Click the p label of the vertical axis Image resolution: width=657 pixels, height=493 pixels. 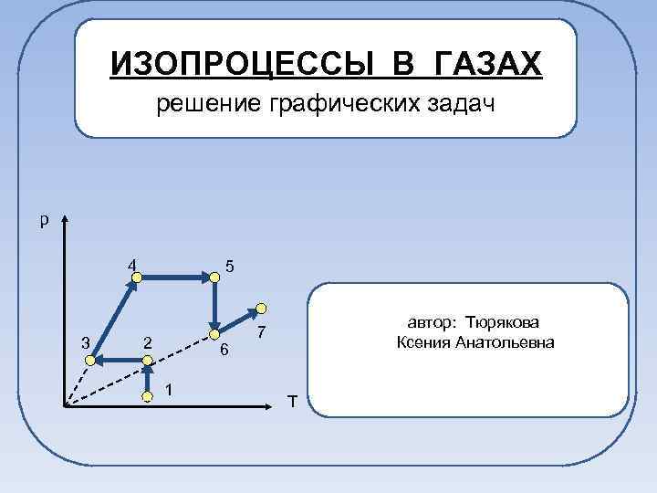[43, 219]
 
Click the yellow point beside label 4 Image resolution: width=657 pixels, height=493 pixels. [136, 274]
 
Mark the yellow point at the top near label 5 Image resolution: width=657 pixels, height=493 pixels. [214, 274]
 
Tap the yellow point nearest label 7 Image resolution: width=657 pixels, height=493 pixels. [261, 308]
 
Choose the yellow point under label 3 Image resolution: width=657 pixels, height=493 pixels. [90, 362]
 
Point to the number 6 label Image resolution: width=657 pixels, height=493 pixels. [224, 351]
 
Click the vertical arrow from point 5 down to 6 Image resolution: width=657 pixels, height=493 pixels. [214, 301]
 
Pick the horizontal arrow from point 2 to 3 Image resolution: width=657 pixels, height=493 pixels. [120, 362]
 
